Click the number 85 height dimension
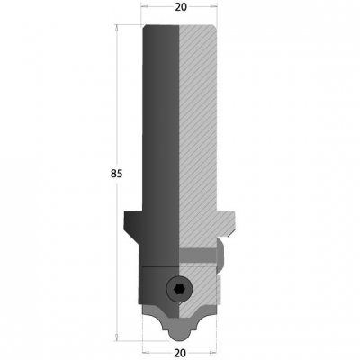[x=116, y=174]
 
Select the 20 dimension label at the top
[x=181, y=7]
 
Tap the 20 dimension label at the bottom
[x=180, y=353]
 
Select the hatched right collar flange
[x=226, y=223]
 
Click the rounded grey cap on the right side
[x=220, y=255]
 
